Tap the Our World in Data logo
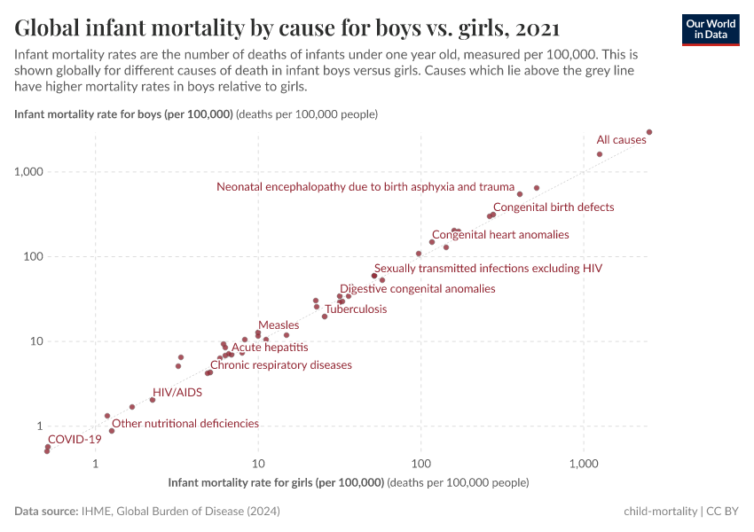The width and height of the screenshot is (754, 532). tap(711, 29)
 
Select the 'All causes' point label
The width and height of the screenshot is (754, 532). tap(621, 140)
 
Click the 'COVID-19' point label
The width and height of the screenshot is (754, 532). tap(75, 439)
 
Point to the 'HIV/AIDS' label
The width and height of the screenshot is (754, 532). tap(177, 392)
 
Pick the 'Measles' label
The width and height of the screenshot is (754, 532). tap(279, 325)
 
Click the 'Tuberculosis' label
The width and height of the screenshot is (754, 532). tap(356, 309)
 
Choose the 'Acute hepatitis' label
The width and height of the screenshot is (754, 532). tap(270, 348)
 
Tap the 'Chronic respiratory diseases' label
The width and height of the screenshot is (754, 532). tap(281, 365)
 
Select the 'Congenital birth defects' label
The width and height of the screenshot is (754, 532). tap(554, 207)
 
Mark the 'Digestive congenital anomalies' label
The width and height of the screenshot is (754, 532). tap(418, 289)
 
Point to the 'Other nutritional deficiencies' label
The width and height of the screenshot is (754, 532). tap(185, 424)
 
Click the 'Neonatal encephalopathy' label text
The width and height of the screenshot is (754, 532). tap(365, 187)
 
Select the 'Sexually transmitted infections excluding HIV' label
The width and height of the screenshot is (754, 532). tap(489, 268)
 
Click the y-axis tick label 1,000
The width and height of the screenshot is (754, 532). tap(29, 172)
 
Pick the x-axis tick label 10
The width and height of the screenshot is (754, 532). tap(258, 465)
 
